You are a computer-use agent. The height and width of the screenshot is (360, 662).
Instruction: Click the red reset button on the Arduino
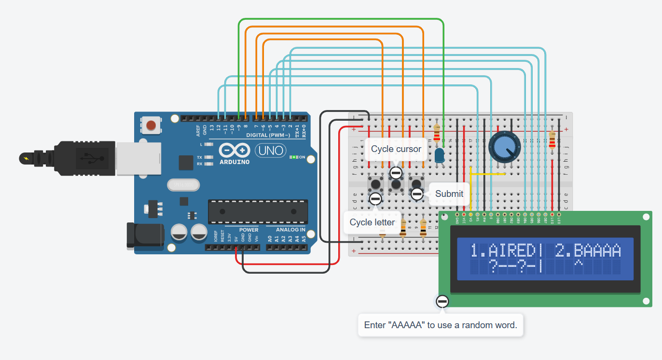point(151,125)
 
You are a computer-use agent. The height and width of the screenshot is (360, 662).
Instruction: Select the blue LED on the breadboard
point(440,155)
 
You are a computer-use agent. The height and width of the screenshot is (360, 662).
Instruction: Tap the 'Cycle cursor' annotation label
point(396,149)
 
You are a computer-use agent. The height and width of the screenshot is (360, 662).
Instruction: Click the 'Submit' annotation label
point(449,194)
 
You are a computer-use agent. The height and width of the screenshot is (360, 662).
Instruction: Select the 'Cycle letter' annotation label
point(372,222)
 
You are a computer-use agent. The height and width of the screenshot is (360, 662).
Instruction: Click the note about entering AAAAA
point(440,325)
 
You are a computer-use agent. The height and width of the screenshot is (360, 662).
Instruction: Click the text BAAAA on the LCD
point(597,251)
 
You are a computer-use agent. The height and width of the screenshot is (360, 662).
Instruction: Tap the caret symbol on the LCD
point(578,265)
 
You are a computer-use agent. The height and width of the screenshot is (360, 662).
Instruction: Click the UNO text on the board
point(271,151)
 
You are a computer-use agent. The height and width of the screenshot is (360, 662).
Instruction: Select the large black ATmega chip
point(258,212)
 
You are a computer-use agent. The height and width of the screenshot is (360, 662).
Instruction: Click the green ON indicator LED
point(293,157)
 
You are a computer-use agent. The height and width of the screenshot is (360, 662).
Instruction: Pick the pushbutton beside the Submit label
point(416,183)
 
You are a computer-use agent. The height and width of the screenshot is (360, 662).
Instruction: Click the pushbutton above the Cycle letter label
point(375,184)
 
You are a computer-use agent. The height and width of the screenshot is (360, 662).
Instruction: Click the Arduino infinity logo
point(234,151)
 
